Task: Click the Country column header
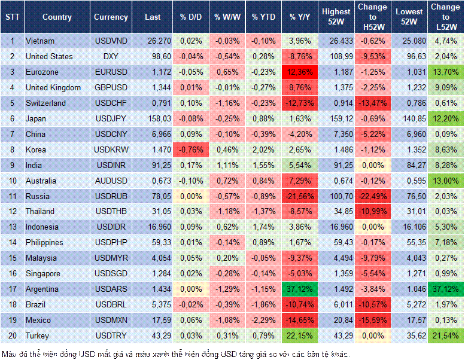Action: pos(57,17)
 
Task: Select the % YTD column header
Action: pos(264,17)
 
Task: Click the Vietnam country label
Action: pos(41,41)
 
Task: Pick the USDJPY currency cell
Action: pos(111,118)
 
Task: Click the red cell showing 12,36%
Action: pos(300,72)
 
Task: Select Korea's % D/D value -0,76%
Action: pos(191,150)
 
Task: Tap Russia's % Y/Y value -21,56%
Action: pos(300,196)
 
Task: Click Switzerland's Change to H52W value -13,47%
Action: pos(373,103)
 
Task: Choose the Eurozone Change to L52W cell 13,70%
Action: pos(446,72)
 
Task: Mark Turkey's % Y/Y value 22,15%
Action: pos(300,335)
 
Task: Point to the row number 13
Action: pos(12,227)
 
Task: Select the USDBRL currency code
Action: pos(111,304)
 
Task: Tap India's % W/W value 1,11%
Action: pos(227,165)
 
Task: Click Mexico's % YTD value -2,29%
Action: pos(264,320)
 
